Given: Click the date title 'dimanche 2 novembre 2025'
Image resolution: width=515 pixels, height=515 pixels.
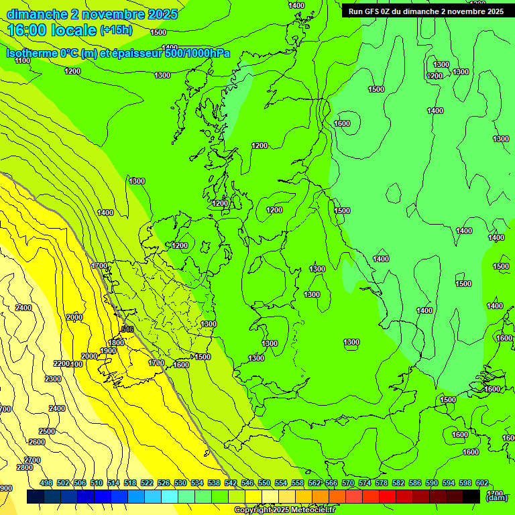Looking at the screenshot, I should pos(92,14).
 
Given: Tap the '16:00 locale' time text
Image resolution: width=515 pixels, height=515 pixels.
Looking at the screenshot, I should pos(52,30).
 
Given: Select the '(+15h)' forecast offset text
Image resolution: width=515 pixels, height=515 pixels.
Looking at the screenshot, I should pos(116,30).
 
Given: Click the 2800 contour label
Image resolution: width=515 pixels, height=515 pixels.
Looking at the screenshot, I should pos(24,467).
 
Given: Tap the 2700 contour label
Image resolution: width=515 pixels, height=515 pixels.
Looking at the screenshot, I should pos(32,459).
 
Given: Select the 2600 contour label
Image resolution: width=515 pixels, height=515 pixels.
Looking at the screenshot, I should pos(36,442).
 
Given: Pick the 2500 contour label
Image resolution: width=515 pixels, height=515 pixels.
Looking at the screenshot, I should pos(47,431).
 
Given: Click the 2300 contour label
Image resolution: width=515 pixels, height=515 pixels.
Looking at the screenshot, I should pos(54,379).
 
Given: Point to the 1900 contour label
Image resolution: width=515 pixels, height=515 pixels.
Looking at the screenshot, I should pos(108,351).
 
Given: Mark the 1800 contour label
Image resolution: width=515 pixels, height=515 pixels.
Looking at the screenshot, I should pos(116,343).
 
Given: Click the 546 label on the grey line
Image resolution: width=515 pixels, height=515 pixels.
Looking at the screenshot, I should pos(127,329).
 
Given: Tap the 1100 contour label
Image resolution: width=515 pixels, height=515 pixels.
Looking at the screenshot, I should pos(22,61).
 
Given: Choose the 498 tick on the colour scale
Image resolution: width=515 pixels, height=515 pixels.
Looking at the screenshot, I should pos(46,483).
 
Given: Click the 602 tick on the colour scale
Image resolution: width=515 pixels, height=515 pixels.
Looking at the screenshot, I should pos(481,483).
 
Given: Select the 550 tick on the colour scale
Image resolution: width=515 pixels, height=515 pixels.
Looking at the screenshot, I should pos(264,483).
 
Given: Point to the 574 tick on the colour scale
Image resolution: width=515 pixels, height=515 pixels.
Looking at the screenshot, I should pos(365,483).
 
